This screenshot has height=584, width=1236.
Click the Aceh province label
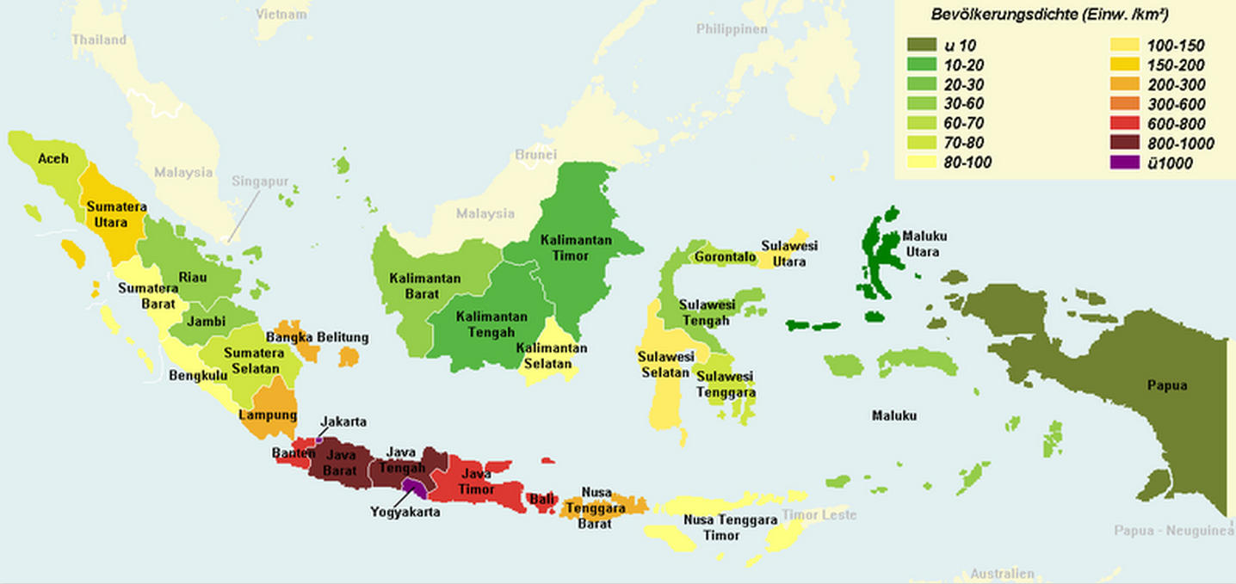tap(53, 158)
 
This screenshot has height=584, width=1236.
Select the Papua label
tap(1166, 385)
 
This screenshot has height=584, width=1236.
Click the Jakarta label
tap(343, 421)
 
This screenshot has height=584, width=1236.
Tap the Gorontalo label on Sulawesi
tap(725, 257)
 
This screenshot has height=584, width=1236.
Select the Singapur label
tap(260, 181)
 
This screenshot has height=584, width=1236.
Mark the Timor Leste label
tap(819, 514)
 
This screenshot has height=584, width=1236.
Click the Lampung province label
tap(267, 415)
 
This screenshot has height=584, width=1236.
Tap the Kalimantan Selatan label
tap(551, 355)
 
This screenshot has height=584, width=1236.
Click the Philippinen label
tap(732, 29)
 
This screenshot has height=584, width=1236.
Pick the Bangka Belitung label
tap(317, 337)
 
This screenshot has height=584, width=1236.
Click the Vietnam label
tap(281, 15)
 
